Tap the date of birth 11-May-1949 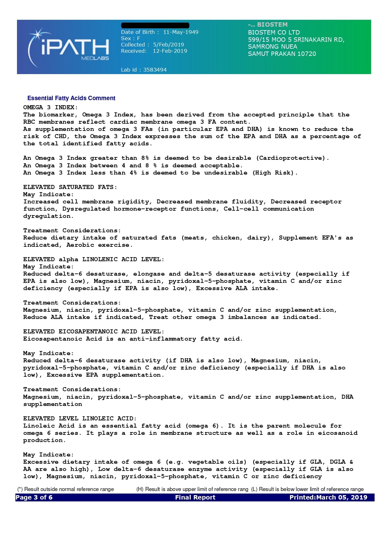click(181, 32)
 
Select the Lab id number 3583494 click(155, 70)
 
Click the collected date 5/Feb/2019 click(168, 45)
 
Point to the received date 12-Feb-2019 click(170, 51)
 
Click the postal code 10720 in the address click(307, 54)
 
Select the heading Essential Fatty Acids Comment click(71, 98)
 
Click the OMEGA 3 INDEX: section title click(50, 107)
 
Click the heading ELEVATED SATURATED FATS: click(70, 187)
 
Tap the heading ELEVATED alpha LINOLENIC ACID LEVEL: click(94, 259)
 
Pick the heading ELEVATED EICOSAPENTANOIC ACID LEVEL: click(94, 332)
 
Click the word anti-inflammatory click(163, 339)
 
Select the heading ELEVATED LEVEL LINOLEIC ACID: click(80, 419)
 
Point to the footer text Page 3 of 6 click(34, 497)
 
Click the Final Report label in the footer click(195, 497)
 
